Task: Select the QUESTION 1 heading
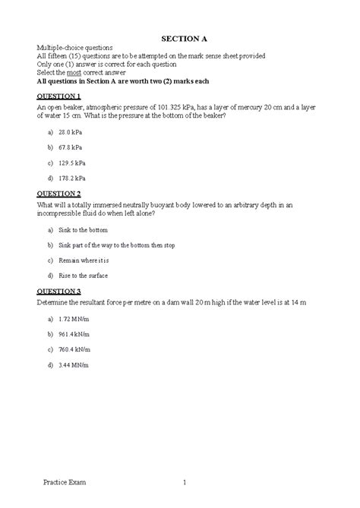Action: [58, 97]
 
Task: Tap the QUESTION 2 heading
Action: [58, 194]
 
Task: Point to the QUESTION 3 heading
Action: [58, 292]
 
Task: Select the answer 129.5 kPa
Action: [71, 162]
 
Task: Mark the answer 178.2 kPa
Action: [71, 178]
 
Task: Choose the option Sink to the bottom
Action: [83, 229]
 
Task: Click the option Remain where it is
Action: [84, 260]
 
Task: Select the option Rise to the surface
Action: [83, 276]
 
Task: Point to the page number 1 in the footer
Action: [184, 482]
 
